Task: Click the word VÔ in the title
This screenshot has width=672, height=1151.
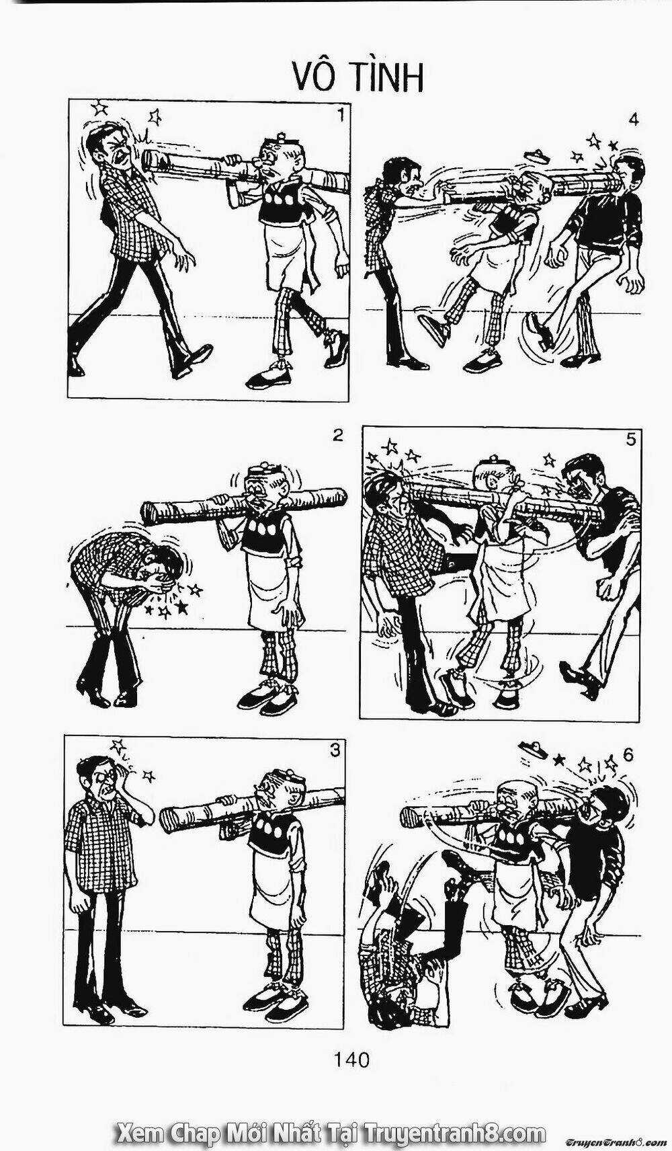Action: (312, 79)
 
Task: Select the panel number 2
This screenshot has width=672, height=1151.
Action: (337, 435)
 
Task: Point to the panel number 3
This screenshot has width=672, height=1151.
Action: (335, 751)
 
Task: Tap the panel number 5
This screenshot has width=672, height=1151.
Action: (631, 440)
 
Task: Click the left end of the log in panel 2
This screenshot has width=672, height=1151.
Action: (149, 514)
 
